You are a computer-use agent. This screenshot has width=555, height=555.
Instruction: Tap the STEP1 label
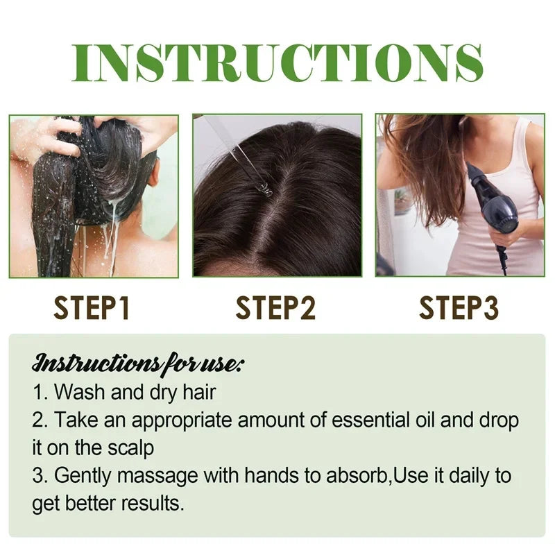(x=92, y=308)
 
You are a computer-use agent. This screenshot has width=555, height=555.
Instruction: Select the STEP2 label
(x=275, y=308)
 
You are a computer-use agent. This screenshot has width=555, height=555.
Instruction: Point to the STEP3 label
(x=458, y=308)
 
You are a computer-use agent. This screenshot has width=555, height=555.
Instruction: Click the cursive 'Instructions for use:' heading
(x=138, y=363)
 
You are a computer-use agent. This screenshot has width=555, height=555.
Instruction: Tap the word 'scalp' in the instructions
(x=130, y=448)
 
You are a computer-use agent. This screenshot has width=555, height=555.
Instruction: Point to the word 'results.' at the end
(x=152, y=504)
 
